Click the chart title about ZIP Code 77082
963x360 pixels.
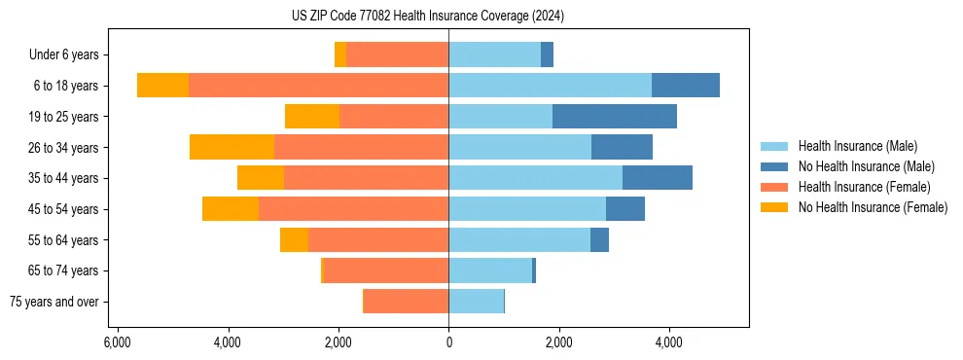427,17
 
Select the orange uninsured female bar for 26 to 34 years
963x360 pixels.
232,147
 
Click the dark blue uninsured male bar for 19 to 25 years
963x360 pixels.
614,117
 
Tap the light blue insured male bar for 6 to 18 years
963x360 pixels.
550,86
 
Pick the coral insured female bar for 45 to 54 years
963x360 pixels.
353,209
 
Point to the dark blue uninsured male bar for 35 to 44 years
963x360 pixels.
657,178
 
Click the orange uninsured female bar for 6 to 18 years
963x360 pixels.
162,86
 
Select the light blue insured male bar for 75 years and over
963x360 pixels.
476,302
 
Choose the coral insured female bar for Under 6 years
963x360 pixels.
397,54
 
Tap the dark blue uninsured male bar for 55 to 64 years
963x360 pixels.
599,240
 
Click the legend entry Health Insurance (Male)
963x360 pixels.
857,146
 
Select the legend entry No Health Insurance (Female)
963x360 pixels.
873,207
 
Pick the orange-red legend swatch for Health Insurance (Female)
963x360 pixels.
774,187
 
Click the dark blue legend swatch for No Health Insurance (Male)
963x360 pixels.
774,166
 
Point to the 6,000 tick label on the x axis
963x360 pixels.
117,342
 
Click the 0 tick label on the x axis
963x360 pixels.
448,342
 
